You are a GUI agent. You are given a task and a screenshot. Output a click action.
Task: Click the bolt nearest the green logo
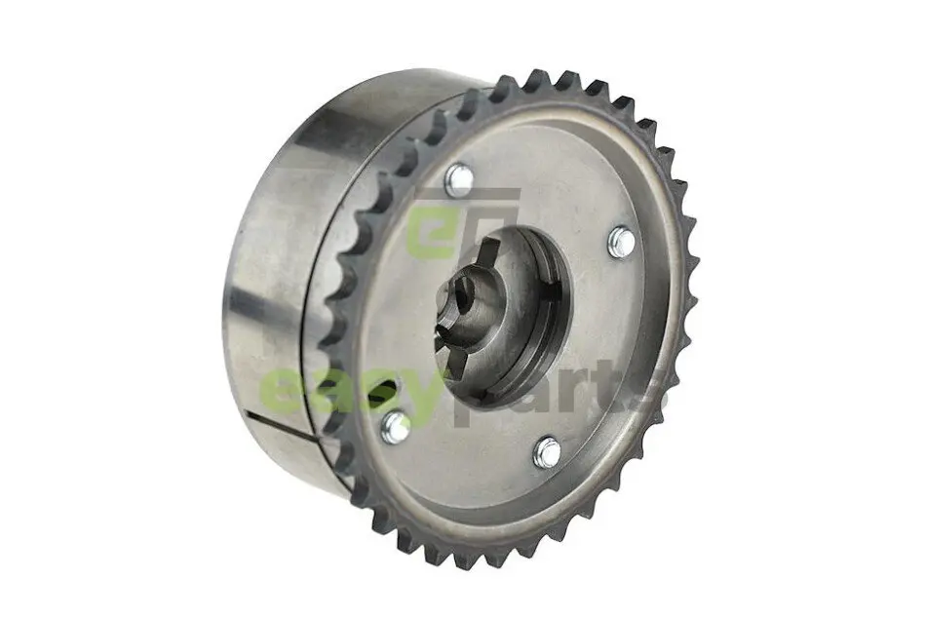tap(459, 180)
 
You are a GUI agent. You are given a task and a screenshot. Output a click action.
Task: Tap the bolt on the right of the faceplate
tap(621, 242)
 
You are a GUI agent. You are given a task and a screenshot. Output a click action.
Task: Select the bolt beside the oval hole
tap(395, 426)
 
